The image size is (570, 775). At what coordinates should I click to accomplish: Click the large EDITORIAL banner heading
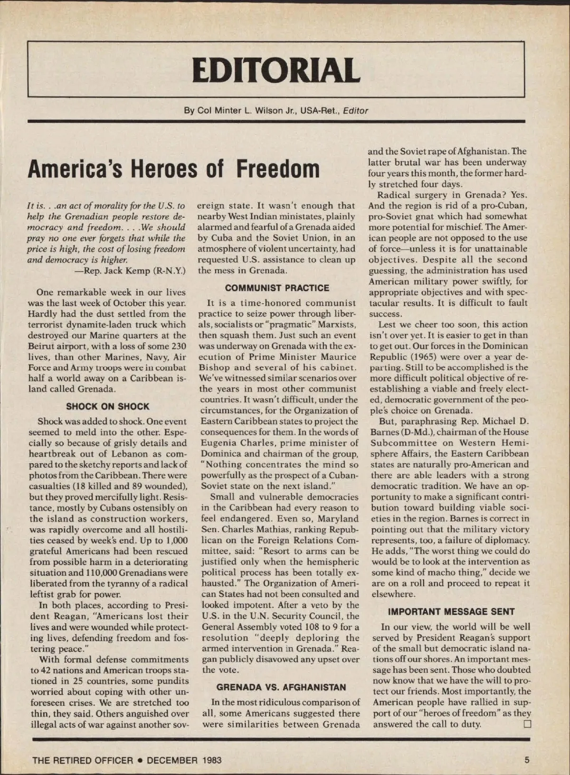pos(276,69)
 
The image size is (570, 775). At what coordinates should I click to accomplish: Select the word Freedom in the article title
pos(278,169)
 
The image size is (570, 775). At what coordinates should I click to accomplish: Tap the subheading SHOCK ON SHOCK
pos(107,407)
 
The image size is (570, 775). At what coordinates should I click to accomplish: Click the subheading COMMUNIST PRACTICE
pos(277,288)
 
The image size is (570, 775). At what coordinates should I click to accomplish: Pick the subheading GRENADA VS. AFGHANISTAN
pos(281,687)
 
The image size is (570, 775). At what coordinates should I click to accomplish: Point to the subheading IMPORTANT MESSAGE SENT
pos(451,612)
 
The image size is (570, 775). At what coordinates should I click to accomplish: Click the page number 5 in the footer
pos(527,760)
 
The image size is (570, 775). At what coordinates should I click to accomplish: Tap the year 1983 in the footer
pos(212,760)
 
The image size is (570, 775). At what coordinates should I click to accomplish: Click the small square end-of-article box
pos(526,725)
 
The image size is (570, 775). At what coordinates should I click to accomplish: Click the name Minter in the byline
pos(228,111)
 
